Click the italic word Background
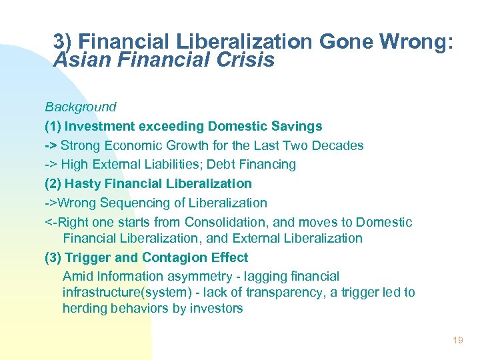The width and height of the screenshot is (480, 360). (81, 107)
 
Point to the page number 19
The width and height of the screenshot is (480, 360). (457, 340)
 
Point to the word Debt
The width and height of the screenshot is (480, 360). (231, 164)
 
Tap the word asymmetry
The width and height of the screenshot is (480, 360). (194, 276)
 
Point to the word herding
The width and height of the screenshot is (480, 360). (84, 308)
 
